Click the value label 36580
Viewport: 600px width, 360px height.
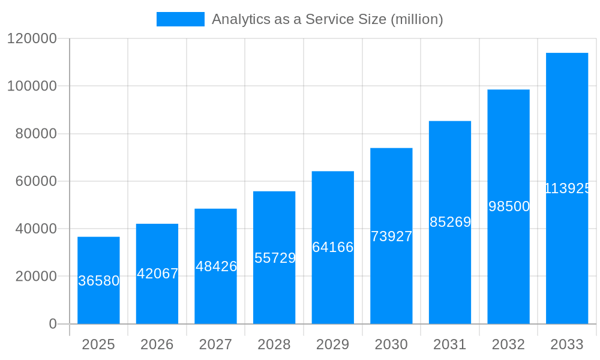click(x=99, y=281)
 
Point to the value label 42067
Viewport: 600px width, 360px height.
click(x=157, y=274)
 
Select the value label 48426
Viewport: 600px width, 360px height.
click(x=216, y=266)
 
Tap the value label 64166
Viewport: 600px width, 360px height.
click(x=333, y=247)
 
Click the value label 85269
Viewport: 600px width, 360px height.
click(x=450, y=222)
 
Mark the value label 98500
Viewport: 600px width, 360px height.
click(x=509, y=206)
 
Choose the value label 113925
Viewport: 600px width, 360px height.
click(x=568, y=188)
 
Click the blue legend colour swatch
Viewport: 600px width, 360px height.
click(x=180, y=19)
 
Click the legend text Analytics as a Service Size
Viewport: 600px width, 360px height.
click(x=327, y=19)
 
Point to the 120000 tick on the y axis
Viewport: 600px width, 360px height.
click(x=32, y=38)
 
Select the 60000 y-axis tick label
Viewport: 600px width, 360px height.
click(x=35, y=181)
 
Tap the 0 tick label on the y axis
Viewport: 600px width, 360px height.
click(x=52, y=324)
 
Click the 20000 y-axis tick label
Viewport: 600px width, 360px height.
click(x=35, y=277)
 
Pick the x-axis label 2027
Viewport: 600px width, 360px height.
click(x=215, y=344)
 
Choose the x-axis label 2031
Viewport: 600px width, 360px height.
click(x=450, y=344)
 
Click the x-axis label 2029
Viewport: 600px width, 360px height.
click(x=332, y=344)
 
